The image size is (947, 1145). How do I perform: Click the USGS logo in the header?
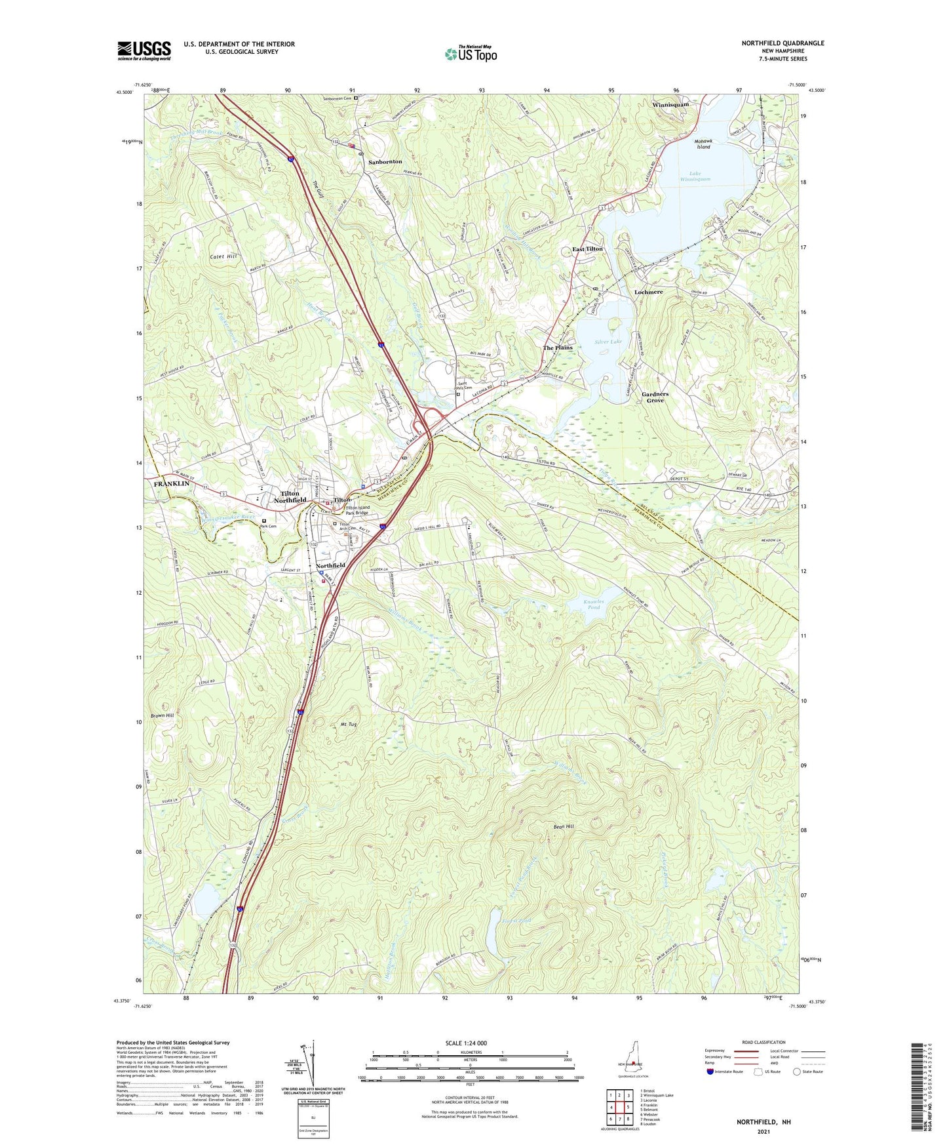[x=144, y=50]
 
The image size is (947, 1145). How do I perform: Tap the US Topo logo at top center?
[x=471, y=54]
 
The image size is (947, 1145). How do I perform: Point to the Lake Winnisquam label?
[x=695, y=176]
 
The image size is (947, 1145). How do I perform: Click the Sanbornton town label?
[x=385, y=161]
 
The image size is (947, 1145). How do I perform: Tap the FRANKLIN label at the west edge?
[x=171, y=483]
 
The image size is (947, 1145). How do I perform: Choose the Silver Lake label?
[x=608, y=342]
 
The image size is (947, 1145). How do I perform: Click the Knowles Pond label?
[x=592, y=604]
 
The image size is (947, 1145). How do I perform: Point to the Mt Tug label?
[x=349, y=725]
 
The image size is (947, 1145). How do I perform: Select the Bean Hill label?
[x=564, y=827]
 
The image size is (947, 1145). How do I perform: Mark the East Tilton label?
[x=587, y=249]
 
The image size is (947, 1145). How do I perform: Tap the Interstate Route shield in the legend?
[x=711, y=1072]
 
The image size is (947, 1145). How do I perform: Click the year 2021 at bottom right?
[x=763, y=1131]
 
